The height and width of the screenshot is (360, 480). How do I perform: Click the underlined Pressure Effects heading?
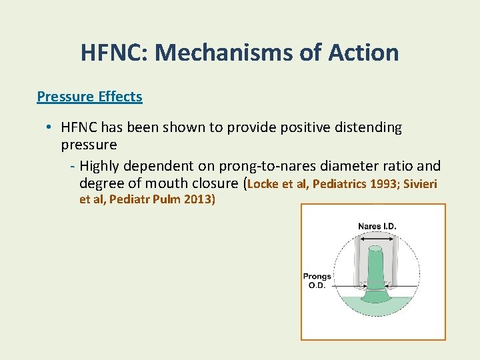[89, 97]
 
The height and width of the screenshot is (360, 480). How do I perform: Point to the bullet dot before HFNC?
[50, 127]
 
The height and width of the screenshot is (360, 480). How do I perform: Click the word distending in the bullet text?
[370, 127]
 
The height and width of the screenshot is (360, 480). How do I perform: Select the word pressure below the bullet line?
[89, 145]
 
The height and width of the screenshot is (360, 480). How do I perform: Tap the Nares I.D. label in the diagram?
[377, 226]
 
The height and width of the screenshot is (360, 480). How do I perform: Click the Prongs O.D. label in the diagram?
[317, 281]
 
